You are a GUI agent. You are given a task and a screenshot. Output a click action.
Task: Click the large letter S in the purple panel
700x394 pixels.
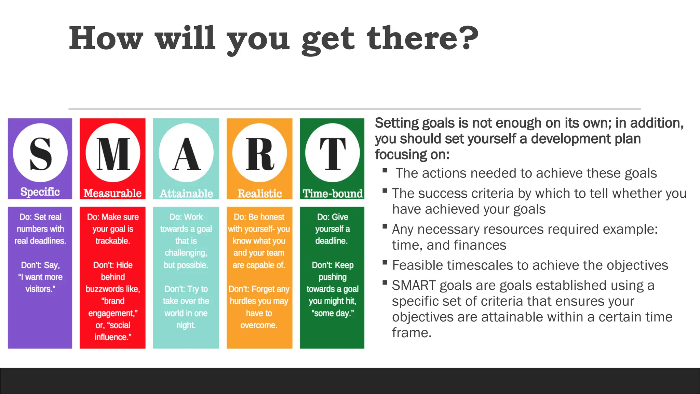pos(40,154)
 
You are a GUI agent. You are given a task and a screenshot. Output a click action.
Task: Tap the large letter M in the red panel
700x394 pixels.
pos(113,154)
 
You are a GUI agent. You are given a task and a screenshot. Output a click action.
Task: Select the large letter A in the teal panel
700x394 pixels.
pos(186,154)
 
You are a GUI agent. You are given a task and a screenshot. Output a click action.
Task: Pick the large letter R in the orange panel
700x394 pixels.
pos(260,154)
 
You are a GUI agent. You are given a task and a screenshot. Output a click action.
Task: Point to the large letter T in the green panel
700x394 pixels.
pos(333,154)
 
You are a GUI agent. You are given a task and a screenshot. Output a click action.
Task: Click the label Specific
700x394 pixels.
pos(40,192)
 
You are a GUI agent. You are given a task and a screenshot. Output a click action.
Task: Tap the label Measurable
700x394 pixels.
pos(112,194)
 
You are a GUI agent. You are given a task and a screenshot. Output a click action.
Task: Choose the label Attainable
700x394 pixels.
pos(186,194)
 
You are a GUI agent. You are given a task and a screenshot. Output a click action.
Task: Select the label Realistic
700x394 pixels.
pos(260,194)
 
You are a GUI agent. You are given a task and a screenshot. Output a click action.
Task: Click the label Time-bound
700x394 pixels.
pos(333,194)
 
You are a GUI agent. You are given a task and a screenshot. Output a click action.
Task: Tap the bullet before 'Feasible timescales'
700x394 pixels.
pos(385,263)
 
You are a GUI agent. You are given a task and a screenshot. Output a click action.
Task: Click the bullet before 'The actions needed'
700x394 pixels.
pos(385,170)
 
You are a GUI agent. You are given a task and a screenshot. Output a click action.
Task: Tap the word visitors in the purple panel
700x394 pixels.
pos(40,289)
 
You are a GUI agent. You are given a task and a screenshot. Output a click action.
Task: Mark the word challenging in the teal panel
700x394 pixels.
pos(186,253)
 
